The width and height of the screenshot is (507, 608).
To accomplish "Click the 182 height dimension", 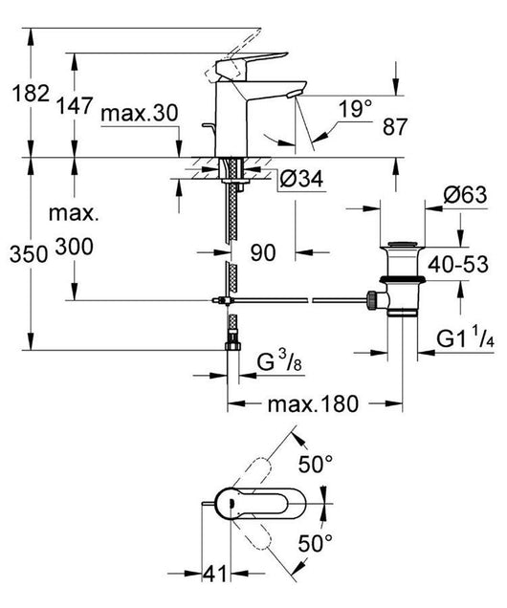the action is pos(31,94).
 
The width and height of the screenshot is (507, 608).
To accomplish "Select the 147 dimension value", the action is pos(75,105).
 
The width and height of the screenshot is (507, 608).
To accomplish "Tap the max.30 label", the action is pos(140,113).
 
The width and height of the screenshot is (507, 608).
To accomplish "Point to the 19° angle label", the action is pos(355,108).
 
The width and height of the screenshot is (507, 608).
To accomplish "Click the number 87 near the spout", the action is pos(395,126).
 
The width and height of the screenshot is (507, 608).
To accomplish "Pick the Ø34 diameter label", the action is pos(301,179).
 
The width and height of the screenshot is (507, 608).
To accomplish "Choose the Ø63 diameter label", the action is pos(465,195).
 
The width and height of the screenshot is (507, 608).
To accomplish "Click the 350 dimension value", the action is pos(29,254).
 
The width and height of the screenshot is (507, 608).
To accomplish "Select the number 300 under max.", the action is pos(74,247).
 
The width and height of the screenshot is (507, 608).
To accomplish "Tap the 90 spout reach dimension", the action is pos(263,252).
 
